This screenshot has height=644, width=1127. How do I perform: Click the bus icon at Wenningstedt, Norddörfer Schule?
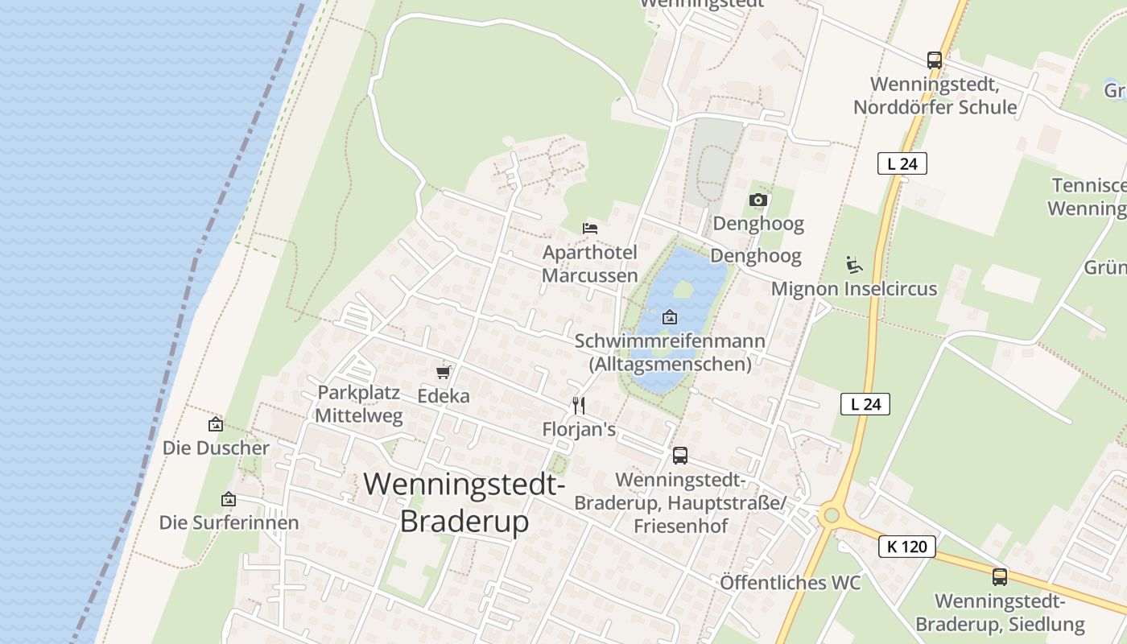click(x=934, y=60)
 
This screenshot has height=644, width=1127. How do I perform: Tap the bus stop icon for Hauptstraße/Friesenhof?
click(x=680, y=456)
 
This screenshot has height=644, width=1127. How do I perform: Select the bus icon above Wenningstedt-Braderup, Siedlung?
click(x=999, y=576)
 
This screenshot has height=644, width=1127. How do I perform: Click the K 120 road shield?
click(x=907, y=547)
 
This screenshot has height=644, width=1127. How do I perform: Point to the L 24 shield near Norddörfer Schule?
click(x=902, y=163)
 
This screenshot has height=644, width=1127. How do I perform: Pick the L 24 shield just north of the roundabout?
click(x=865, y=404)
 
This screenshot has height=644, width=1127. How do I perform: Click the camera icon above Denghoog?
click(x=758, y=200)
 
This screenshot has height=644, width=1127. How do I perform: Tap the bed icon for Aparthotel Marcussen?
click(x=590, y=229)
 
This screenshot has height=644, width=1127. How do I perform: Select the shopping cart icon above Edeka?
click(x=443, y=372)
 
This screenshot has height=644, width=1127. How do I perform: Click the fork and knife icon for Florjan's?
click(x=578, y=405)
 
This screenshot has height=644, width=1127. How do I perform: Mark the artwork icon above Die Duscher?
click(x=216, y=423)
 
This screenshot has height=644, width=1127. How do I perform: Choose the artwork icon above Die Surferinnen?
click(x=229, y=499)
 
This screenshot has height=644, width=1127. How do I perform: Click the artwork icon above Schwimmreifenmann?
click(x=669, y=317)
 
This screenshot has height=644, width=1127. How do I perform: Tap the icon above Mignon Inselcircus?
click(x=853, y=264)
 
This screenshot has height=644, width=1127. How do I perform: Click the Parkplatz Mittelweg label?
click(x=358, y=404)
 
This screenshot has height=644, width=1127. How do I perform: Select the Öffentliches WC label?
click(x=790, y=583)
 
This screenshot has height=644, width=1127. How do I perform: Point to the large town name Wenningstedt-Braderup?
click(x=464, y=502)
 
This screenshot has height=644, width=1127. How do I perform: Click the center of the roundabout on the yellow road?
click(x=832, y=515)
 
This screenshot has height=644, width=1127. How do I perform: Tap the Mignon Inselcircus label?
click(x=853, y=288)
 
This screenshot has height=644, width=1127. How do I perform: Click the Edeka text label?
click(x=443, y=396)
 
